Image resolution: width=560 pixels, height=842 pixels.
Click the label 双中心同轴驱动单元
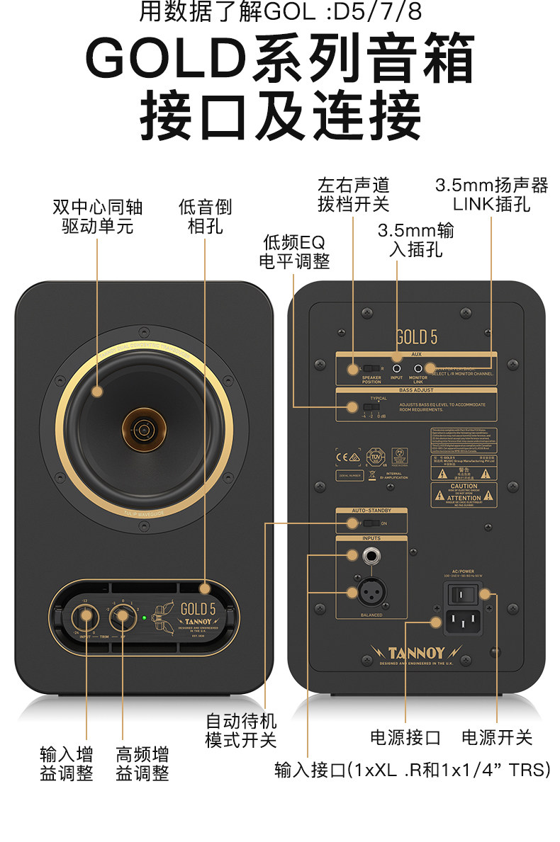(97, 217)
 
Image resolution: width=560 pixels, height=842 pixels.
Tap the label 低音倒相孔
(205, 217)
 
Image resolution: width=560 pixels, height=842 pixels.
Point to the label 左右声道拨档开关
(354, 195)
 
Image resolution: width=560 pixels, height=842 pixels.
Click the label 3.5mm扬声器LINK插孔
(491, 195)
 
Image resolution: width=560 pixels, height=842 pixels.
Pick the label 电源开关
(496, 737)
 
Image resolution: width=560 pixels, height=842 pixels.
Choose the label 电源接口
(405, 737)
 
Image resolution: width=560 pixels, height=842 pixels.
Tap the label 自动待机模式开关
(240, 731)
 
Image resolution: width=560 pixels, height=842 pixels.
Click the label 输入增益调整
(67, 763)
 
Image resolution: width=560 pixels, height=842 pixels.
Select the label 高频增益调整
(142, 763)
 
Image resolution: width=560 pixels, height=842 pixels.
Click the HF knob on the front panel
(123, 615)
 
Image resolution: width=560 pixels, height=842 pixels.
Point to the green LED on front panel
(144, 618)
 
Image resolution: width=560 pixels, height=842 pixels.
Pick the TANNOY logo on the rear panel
(416, 652)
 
